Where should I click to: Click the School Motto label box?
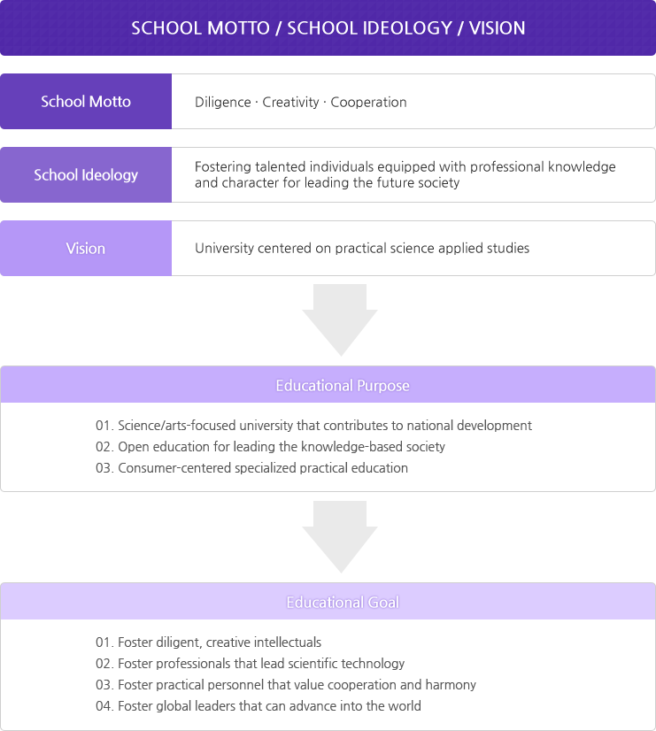(86, 101)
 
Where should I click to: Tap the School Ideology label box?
(86, 175)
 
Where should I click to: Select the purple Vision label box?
(86, 248)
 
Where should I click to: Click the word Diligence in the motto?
(223, 103)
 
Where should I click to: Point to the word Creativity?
(290, 102)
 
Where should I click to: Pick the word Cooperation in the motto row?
(368, 103)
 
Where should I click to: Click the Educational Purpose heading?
(343, 386)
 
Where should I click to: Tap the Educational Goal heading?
(343, 603)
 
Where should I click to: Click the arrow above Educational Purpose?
(340, 319)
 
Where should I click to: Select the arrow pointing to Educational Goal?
(340, 536)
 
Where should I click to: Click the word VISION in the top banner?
(497, 28)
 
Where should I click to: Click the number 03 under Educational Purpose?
(103, 468)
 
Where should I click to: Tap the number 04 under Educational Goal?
(103, 706)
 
